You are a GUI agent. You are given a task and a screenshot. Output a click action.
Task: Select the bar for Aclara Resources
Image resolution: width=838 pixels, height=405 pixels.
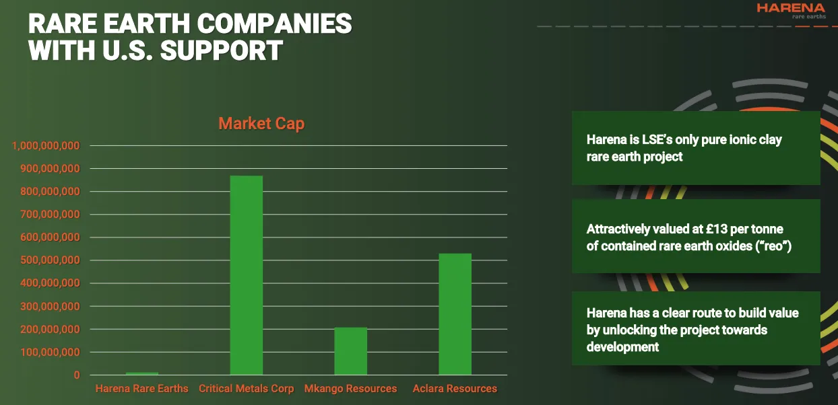pyautogui.click(x=455, y=314)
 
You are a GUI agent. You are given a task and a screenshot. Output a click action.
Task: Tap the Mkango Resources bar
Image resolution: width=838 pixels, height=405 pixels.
pyautogui.click(x=350, y=351)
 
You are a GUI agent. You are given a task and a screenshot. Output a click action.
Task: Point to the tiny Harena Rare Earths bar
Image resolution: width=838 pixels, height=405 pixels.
pyautogui.click(x=142, y=373)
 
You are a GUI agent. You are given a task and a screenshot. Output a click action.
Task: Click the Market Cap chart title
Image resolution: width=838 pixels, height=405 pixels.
pyautogui.click(x=261, y=124)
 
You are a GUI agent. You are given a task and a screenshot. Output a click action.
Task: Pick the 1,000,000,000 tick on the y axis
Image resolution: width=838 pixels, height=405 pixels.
pyautogui.click(x=46, y=145)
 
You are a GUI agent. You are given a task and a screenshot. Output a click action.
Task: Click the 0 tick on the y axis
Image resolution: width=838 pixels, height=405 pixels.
pyautogui.click(x=77, y=375)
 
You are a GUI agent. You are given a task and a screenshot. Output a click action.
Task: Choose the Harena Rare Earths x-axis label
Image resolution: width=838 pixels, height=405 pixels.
pyautogui.click(x=142, y=389)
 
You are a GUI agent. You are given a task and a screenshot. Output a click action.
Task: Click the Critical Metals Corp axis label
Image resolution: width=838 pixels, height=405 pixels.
pyautogui.click(x=246, y=389)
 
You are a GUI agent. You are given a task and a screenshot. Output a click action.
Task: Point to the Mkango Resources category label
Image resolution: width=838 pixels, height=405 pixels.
pyautogui.click(x=350, y=389)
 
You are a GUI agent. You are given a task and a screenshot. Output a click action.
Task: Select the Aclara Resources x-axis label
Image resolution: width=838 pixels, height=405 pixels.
pyautogui.click(x=455, y=389)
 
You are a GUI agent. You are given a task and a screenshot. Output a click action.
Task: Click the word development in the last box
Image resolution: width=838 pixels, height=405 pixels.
pyautogui.click(x=622, y=347)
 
